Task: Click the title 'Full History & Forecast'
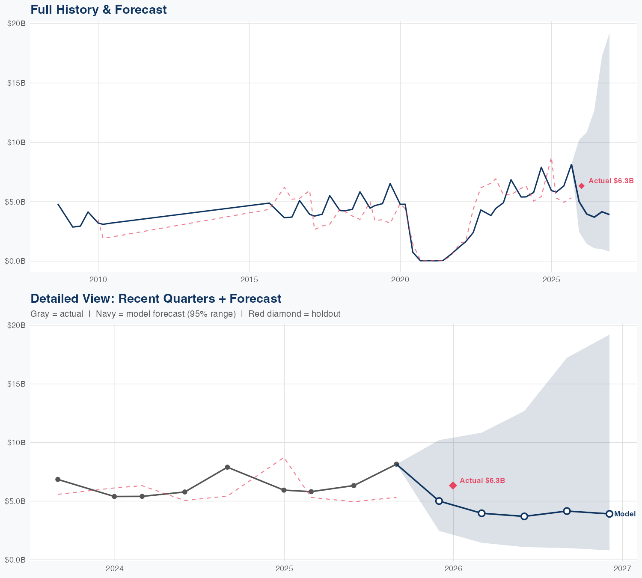coord(98,9)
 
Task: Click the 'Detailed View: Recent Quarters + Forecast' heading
coord(156,298)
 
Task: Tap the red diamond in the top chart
coord(581,186)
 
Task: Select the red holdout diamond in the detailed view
coord(453,485)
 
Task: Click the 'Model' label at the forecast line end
coord(625,514)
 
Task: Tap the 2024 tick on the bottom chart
coord(114,569)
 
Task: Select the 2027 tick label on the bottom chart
coord(622,569)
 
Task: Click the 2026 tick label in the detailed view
coord(453,569)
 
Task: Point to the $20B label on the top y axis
coord(17,24)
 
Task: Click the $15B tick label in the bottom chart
coord(17,384)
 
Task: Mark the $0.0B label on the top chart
coord(17,261)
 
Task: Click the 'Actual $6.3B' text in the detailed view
coord(482,481)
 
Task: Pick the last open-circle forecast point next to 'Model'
coord(609,514)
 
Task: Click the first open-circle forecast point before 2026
coord(439,501)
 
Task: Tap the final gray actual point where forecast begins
coord(396,464)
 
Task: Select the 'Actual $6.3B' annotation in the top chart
coord(611,181)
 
